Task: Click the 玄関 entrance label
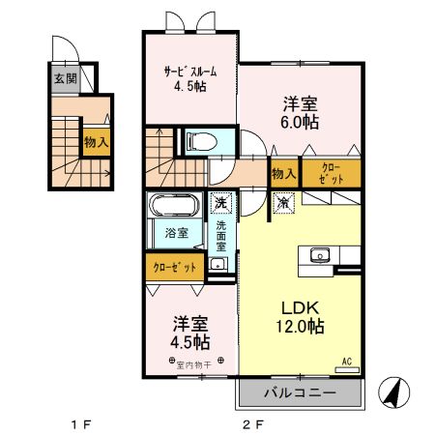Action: pyautogui.click(x=65, y=78)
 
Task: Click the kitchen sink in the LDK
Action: pyautogui.click(x=319, y=255)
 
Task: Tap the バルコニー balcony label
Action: pyautogui.click(x=300, y=394)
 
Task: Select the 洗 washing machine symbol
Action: pyautogui.click(x=220, y=203)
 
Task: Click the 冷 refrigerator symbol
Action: pyautogui.click(x=283, y=203)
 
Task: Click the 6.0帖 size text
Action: pyautogui.click(x=301, y=124)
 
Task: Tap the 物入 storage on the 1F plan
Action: pyautogui.click(x=96, y=142)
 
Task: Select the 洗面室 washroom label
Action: pyautogui.click(x=220, y=236)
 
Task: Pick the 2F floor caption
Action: pyautogui.click(x=252, y=422)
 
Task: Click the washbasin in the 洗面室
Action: pyautogui.click(x=218, y=263)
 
